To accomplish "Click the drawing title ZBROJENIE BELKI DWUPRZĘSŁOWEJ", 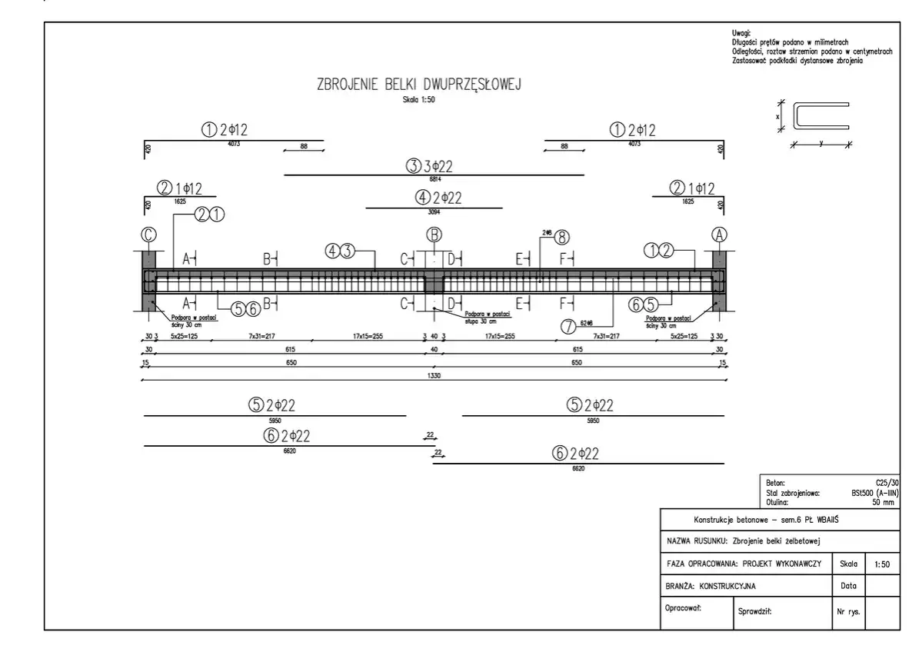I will [x=419, y=85].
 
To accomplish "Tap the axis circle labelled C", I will [x=148, y=235].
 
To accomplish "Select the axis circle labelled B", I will [x=434, y=235].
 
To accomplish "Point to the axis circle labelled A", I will [x=721, y=235].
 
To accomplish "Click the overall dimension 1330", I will [x=434, y=376].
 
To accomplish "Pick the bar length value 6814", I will [x=434, y=178].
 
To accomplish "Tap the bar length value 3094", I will [x=434, y=211].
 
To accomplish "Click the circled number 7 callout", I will [x=568, y=327].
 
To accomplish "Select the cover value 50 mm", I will [x=883, y=502].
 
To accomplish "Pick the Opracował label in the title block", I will [x=682, y=607].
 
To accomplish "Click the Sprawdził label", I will [x=754, y=614].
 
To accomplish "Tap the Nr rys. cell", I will [x=847, y=614].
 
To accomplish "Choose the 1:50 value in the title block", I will [x=883, y=564].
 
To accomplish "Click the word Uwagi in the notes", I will [x=742, y=32].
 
